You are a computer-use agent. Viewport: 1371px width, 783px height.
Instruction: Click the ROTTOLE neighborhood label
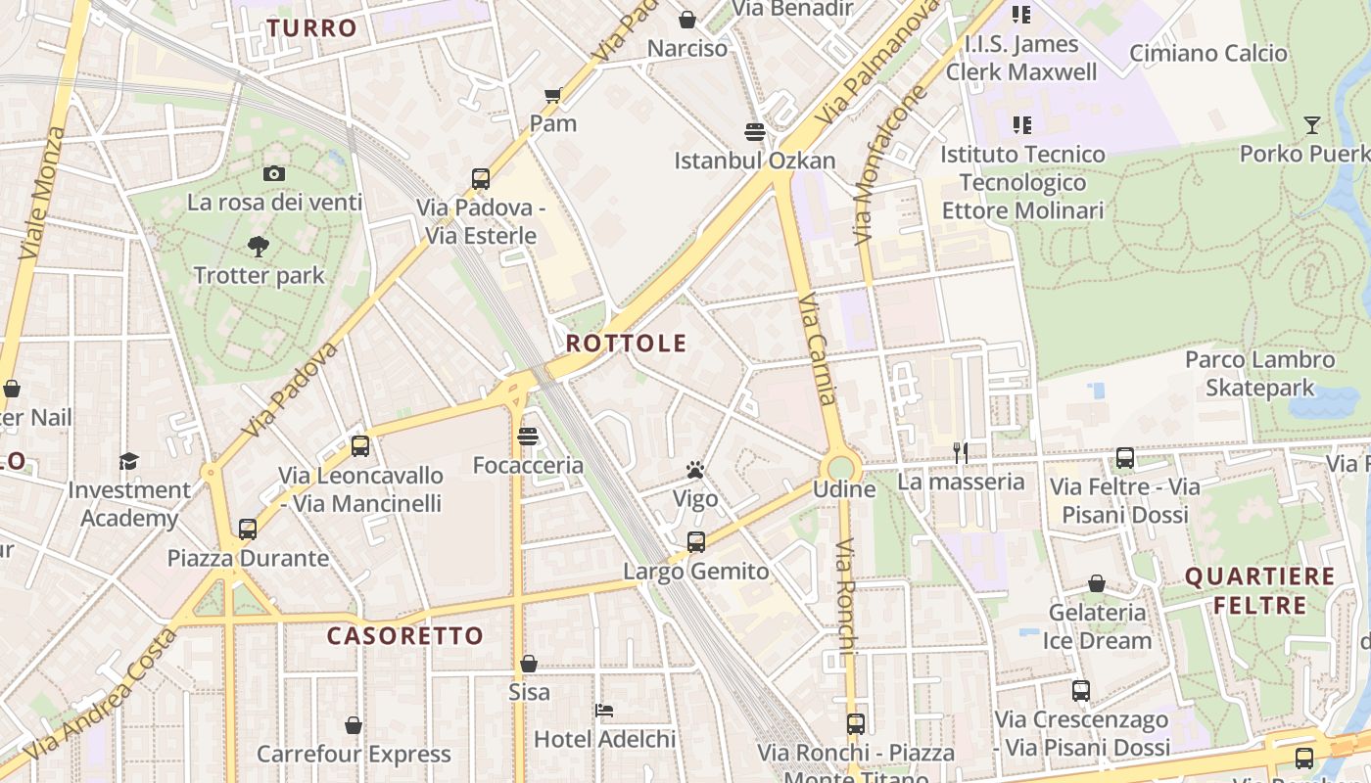click(626, 344)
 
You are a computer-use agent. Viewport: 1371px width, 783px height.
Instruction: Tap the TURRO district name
click(311, 27)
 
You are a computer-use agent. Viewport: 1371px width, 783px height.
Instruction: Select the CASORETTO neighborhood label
click(405, 636)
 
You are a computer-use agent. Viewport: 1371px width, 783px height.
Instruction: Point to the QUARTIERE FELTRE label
click(1260, 591)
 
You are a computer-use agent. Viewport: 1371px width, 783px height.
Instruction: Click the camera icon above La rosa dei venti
click(274, 173)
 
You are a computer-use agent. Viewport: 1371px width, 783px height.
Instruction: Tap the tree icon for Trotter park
click(259, 246)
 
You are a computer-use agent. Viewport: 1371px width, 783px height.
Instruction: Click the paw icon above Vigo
click(695, 471)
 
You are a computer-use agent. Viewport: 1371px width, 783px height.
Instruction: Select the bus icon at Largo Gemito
click(695, 541)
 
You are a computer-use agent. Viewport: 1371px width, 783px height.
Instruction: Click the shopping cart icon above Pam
click(552, 95)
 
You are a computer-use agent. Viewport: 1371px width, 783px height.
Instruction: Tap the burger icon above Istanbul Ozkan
click(754, 131)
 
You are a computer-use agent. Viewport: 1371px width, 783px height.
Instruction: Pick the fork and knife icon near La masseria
click(961, 452)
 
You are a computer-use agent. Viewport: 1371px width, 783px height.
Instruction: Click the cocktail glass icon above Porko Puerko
click(1312, 124)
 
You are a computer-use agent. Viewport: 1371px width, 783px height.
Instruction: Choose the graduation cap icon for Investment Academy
click(129, 461)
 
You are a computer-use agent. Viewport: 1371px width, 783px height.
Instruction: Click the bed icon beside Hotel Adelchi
click(604, 710)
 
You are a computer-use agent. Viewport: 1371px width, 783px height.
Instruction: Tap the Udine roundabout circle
click(841, 466)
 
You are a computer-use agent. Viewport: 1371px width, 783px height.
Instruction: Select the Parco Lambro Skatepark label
click(1259, 374)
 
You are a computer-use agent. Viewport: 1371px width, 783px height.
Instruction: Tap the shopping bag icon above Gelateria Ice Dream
click(1097, 584)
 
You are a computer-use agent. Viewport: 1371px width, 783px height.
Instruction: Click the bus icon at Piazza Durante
click(248, 530)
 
